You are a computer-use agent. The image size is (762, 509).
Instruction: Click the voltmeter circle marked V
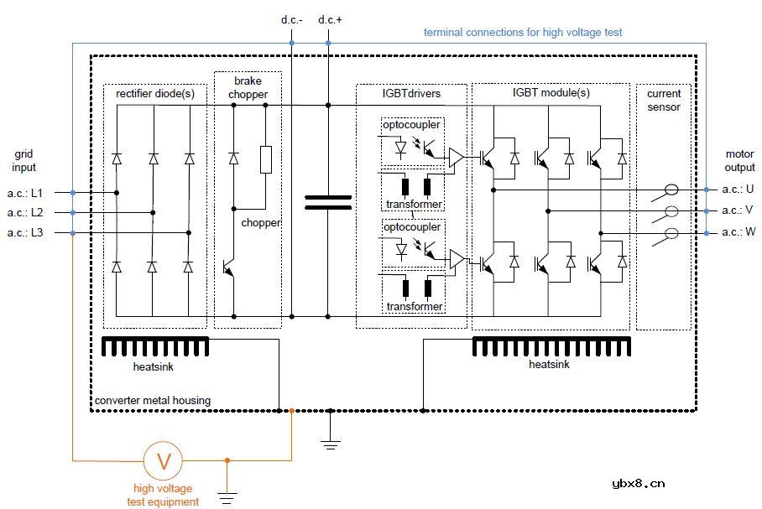point(164,460)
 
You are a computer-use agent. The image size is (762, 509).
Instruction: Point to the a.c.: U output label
point(738,189)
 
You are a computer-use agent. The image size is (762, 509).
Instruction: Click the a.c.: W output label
point(738,233)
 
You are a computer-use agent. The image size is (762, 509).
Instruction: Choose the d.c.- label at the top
point(291,19)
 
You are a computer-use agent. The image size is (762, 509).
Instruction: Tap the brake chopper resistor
point(266,159)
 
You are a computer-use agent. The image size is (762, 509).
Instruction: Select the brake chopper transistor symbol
point(231,267)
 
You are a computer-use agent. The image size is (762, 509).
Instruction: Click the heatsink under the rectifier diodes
point(154,346)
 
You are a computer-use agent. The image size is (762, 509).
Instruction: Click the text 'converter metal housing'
point(153,401)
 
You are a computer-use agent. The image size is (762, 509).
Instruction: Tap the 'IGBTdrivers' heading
point(410,94)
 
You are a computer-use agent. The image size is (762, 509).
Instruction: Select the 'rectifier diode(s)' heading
point(155,94)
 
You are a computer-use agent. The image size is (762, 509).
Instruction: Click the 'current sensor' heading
point(664,101)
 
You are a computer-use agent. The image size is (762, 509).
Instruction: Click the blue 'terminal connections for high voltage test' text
point(522,33)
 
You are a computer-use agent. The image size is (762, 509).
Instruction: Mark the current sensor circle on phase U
point(671,189)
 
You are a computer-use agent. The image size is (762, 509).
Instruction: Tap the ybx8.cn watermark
point(639,482)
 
